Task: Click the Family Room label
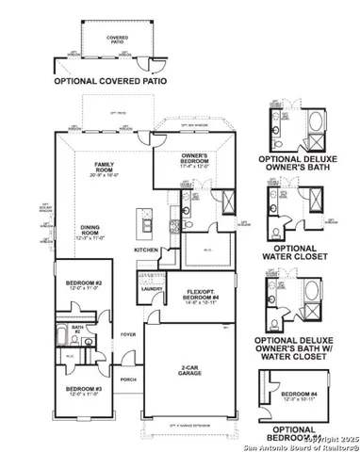(97, 166)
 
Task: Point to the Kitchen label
(146, 250)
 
